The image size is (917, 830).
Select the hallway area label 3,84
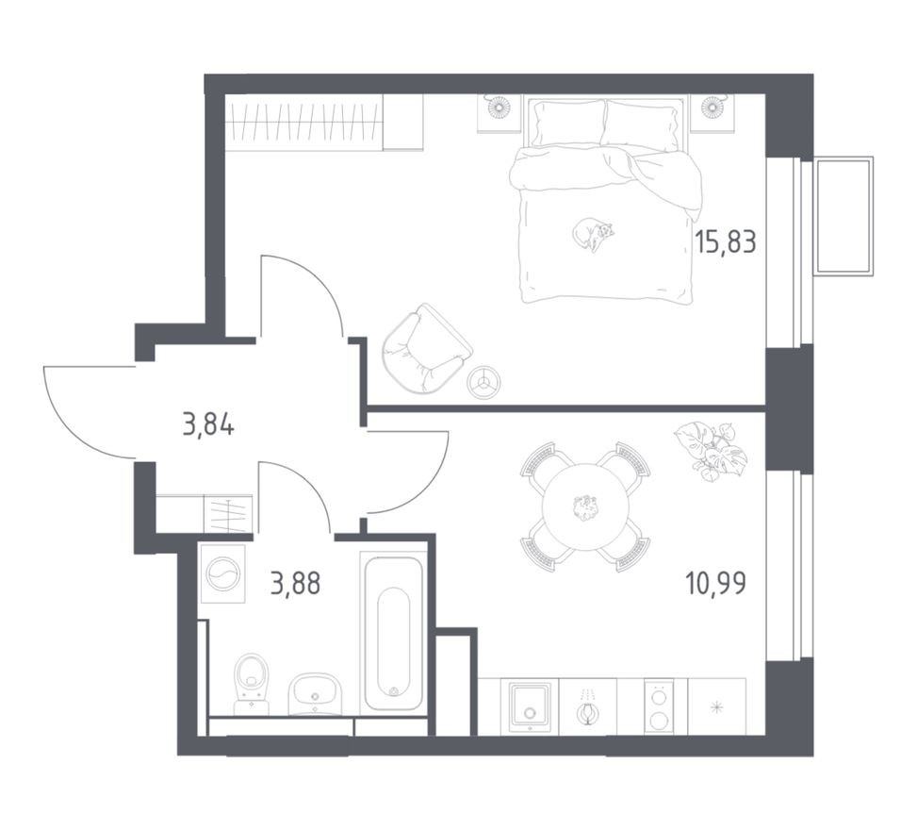(x=207, y=424)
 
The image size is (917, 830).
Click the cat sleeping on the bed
(x=593, y=234)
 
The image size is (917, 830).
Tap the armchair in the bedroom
(x=424, y=347)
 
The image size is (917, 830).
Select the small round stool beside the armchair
(x=485, y=381)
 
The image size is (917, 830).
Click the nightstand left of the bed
(x=499, y=111)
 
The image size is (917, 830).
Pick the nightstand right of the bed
(x=712, y=111)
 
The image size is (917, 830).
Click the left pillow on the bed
(x=566, y=123)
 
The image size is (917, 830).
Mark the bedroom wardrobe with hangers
(x=303, y=123)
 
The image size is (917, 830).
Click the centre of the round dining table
(x=585, y=507)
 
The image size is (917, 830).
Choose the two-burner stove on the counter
(x=659, y=705)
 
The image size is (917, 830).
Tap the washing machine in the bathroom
(x=224, y=573)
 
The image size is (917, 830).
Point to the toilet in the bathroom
(x=251, y=681)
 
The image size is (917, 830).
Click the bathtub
(x=393, y=632)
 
